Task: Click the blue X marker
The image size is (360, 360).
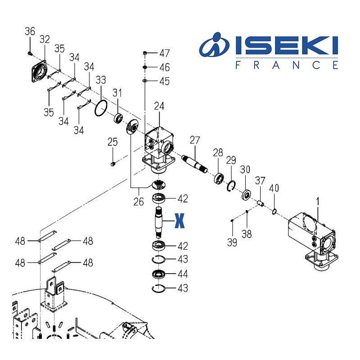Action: (179, 220)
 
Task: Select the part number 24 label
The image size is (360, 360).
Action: (159, 106)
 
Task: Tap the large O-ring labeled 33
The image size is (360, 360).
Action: (100, 108)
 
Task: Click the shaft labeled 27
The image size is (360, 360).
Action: (194, 164)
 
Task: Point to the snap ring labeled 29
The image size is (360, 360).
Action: (231, 186)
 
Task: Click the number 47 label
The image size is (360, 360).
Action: (164, 53)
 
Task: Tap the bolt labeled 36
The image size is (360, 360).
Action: (30, 54)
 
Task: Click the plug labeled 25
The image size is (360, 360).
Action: (112, 164)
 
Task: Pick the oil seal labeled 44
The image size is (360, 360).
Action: (158, 274)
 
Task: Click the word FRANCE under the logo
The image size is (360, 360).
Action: (287, 65)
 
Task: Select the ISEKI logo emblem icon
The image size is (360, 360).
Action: (214, 45)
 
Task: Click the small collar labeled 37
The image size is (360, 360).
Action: (261, 203)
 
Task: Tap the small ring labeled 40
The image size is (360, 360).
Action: (274, 211)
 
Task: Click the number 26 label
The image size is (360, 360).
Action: (139, 202)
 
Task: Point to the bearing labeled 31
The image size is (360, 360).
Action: (118, 118)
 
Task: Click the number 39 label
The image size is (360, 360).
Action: (232, 243)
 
